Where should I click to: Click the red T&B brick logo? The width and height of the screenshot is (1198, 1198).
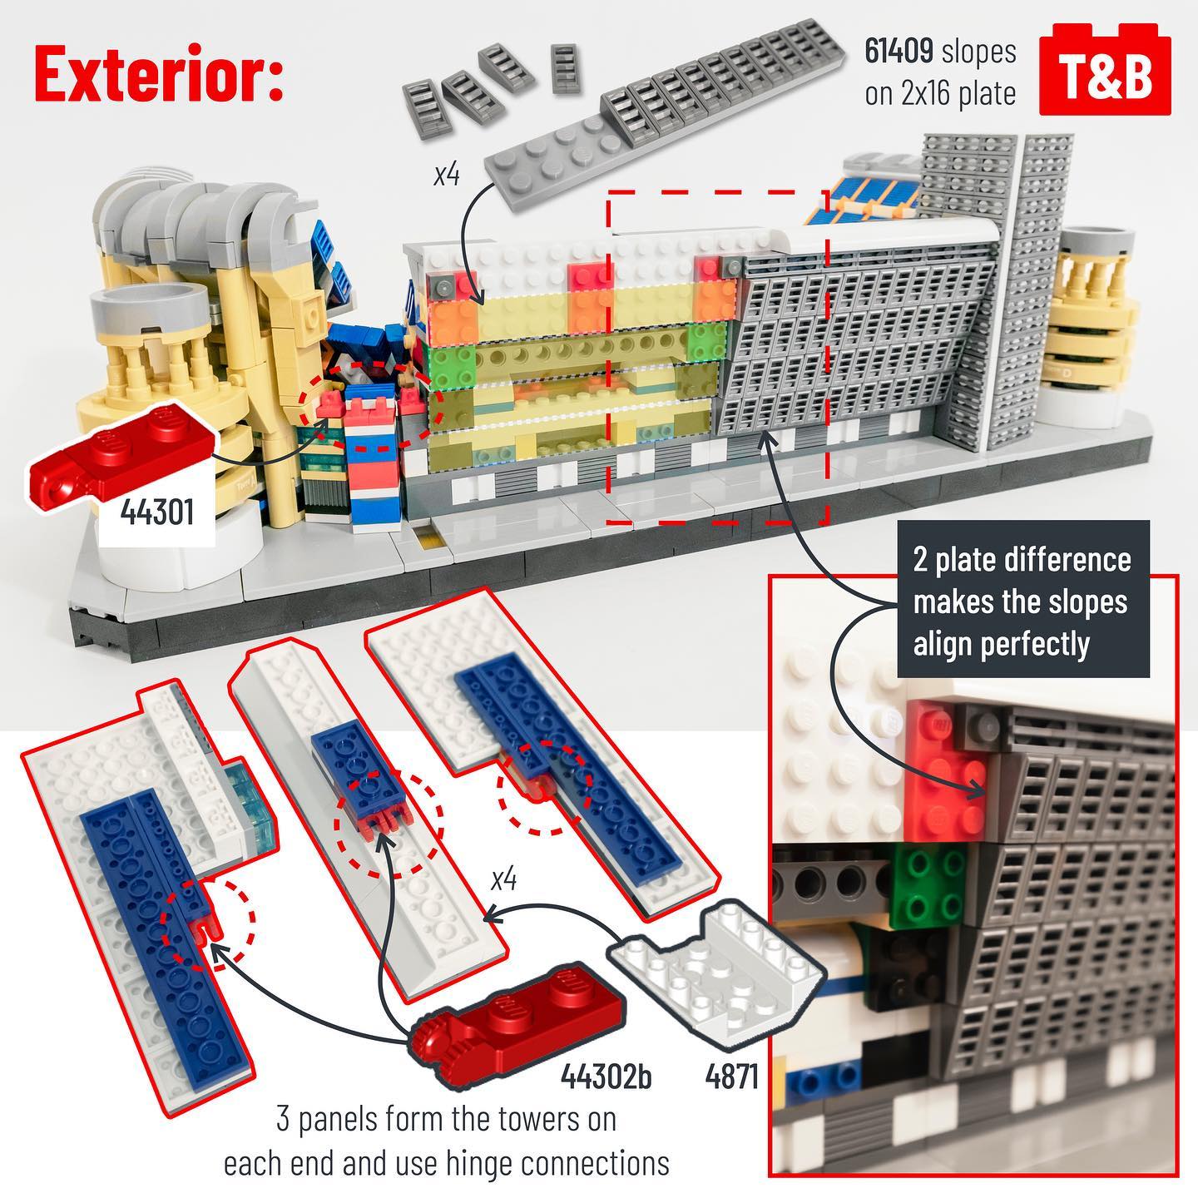pos(1105,69)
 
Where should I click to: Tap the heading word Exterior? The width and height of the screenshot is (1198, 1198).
pos(160,73)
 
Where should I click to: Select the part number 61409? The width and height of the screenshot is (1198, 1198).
pos(899,51)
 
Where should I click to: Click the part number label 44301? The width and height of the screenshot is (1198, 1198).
pos(157,512)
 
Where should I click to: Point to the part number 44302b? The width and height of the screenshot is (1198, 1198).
pos(606,1075)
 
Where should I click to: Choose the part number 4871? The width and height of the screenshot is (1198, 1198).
pos(732,1076)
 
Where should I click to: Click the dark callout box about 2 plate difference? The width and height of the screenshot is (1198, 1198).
pos(1022,600)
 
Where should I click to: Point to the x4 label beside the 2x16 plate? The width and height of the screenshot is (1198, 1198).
pos(447,175)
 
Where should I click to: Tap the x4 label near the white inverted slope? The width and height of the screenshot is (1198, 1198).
pos(503,880)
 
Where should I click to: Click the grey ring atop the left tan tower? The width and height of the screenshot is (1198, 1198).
pos(148,307)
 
